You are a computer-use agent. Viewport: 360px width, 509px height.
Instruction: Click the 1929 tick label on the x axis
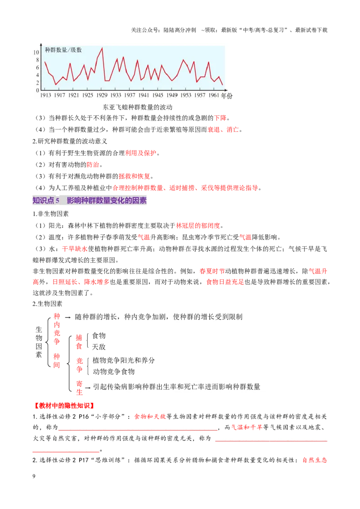pyautogui.click(x=102, y=95)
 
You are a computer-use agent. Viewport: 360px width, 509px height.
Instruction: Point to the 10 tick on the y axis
pyautogui.click(x=36, y=52)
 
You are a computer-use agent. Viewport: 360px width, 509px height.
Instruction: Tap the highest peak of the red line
pyautogui.click(x=102, y=48)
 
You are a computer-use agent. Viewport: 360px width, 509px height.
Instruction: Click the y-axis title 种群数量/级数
pyautogui.click(x=63, y=50)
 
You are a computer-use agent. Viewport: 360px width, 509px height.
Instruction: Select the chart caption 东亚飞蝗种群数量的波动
pyautogui.click(x=138, y=107)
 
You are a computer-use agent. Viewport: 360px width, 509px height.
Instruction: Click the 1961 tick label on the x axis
pyautogui.click(x=214, y=95)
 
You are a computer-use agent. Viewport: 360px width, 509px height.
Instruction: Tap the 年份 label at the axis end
pyautogui.click(x=227, y=96)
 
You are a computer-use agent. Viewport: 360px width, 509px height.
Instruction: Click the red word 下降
pyautogui.click(x=220, y=118)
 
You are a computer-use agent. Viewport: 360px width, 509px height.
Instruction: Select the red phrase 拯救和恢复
pyautogui.click(x=135, y=176)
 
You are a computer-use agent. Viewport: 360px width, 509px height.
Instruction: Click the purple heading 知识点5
pyautogui.click(x=46, y=200)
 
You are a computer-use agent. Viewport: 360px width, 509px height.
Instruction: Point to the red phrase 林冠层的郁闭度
pyautogui.click(x=198, y=226)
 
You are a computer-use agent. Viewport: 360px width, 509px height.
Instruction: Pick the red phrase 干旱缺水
pyautogui.click(x=75, y=249)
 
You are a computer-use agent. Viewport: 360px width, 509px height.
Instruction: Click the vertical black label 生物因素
pyautogui.click(x=39, y=342)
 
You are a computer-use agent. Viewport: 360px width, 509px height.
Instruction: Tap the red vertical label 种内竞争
pyautogui.click(x=57, y=329)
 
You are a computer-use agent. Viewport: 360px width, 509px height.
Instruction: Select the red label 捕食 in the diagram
pyautogui.click(x=79, y=341)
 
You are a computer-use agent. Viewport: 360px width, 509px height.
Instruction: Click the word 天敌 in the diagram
pyautogui.click(x=99, y=347)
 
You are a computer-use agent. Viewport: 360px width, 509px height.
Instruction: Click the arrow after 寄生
pyautogui.click(x=88, y=388)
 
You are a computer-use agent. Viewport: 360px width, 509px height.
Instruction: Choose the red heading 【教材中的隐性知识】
pyautogui.click(x=64, y=406)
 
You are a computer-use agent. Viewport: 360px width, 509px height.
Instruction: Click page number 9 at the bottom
pyautogui.click(x=34, y=476)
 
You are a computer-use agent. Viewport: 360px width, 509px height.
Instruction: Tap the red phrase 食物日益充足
pyautogui.click(x=225, y=282)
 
